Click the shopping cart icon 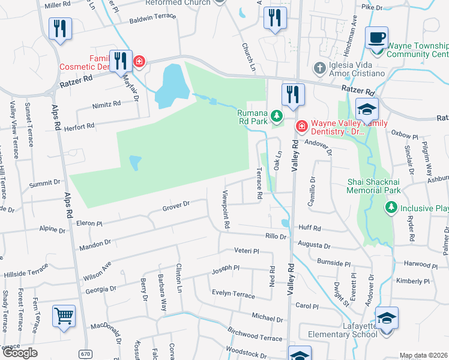[x=64, y=316]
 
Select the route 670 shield [x=86, y=354]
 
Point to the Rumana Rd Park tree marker [x=276, y=115]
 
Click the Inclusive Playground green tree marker [x=391, y=208]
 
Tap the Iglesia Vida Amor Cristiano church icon [x=320, y=67]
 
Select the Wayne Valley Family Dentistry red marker [x=301, y=127]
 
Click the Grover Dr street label [x=176, y=206]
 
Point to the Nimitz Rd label [x=107, y=104]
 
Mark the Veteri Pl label [x=246, y=251]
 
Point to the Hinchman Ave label [x=354, y=28]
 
